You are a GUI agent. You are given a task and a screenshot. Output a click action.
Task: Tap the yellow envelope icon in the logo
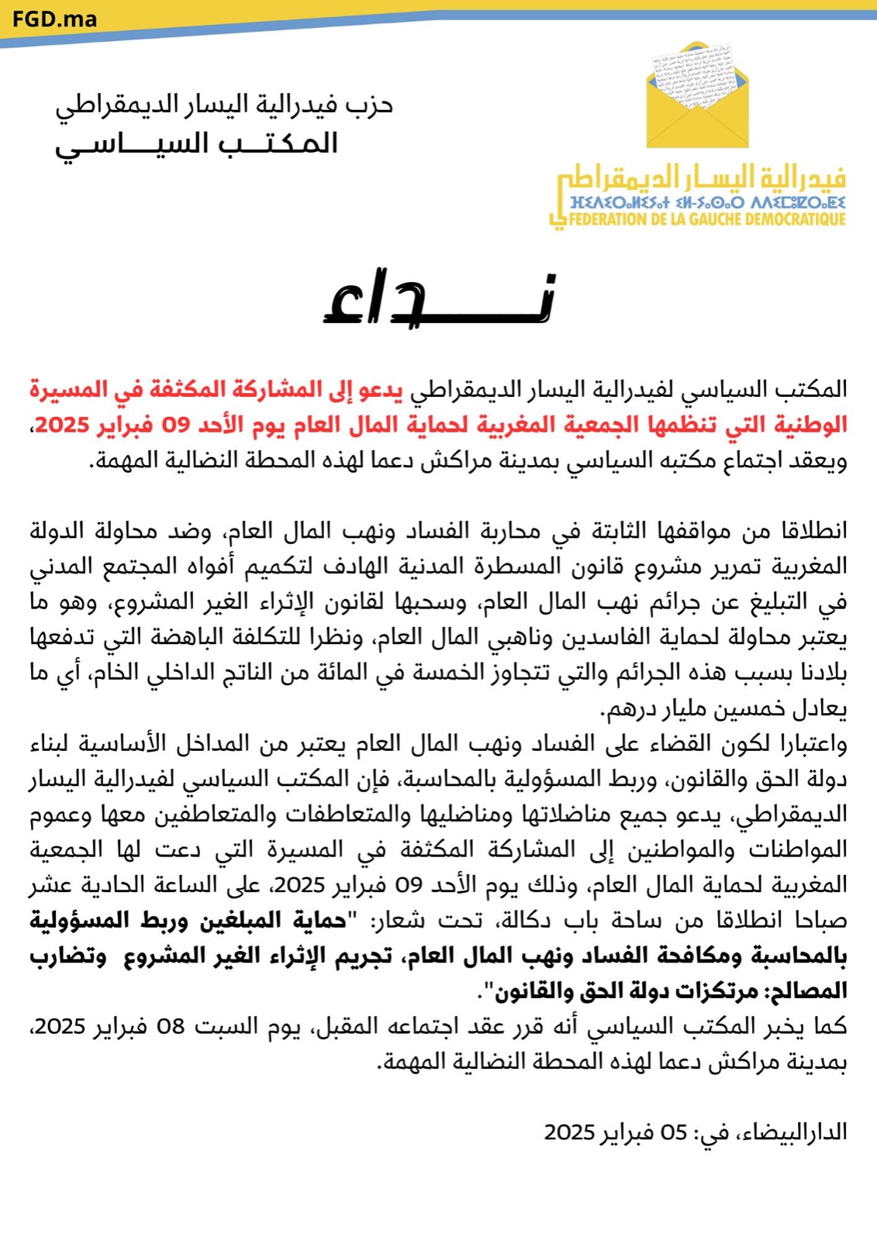[x=697, y=97]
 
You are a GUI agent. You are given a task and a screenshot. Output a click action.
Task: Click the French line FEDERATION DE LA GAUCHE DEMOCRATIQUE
[x=706, y=220]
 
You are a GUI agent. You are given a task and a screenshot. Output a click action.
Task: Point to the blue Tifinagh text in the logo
[x=706, y=203]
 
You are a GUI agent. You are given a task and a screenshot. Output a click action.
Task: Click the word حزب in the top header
[x=370, y=105]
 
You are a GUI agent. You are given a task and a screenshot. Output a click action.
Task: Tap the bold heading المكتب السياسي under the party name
[x=196, y=143]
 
